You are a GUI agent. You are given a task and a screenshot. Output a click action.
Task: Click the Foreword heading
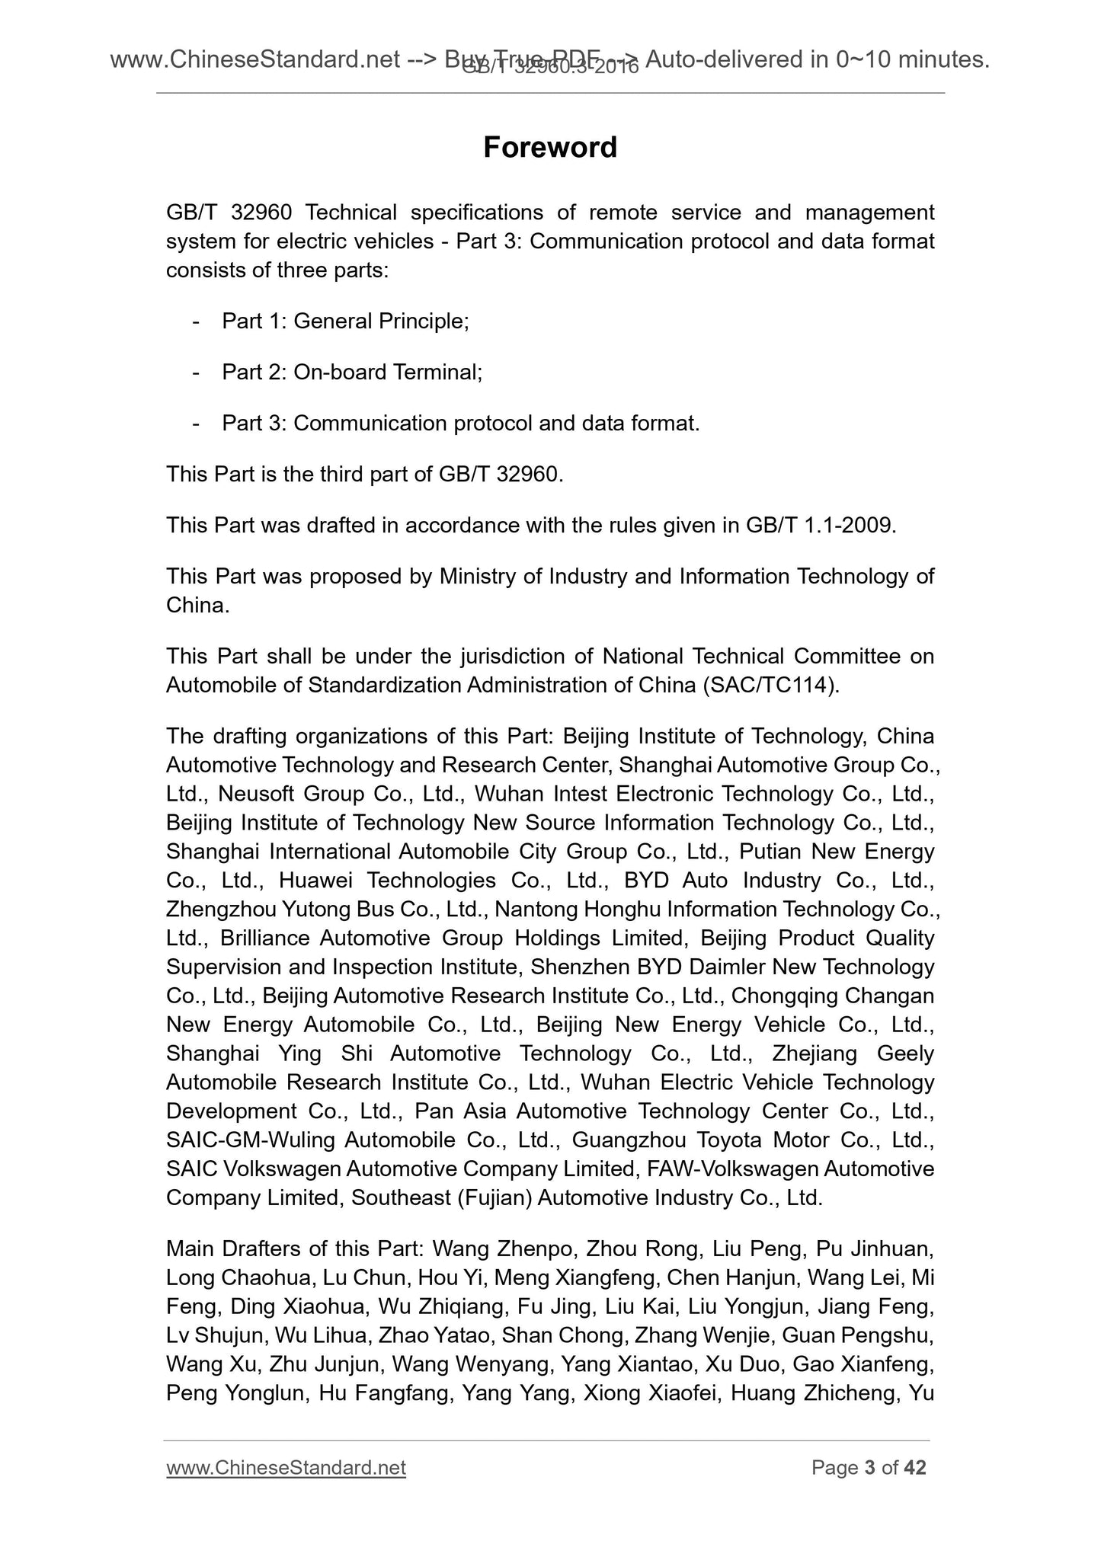tap(549, 147)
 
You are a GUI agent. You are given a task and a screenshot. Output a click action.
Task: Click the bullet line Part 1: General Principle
tap(344, 321)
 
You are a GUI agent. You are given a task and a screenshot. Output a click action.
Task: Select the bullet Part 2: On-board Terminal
tap(352, 372)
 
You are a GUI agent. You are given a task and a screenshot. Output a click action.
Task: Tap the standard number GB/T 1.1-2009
tap(817, 526)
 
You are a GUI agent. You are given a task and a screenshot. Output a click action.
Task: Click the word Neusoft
tap(252, 794)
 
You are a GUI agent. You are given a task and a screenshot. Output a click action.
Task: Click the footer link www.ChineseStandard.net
tap(286, 1468)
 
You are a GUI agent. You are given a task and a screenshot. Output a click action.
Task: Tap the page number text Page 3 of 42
tap(869, 1468)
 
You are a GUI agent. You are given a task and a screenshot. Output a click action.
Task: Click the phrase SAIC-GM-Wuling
tap(250, 1140)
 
